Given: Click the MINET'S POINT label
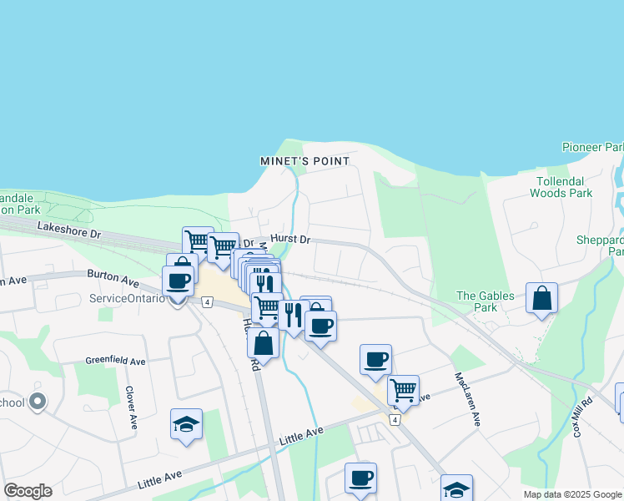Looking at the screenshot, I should tap(304, 160).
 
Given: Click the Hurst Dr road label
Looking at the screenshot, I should tap(289, 240).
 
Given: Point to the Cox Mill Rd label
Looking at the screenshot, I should tap(582, 417).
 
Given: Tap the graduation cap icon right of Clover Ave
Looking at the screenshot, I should tap(186, 423).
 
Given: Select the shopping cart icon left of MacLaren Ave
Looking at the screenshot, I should tap(403, 389).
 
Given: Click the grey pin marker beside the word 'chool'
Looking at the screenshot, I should tap(37, 402).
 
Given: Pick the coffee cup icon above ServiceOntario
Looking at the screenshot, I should tap(178, 281).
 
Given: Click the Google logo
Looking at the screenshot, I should tap(28, 491).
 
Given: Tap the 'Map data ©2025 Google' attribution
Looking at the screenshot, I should tap(571, 494).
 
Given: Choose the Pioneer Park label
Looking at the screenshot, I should tap(592, 148).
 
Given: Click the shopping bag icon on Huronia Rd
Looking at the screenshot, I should tap(263, 342).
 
